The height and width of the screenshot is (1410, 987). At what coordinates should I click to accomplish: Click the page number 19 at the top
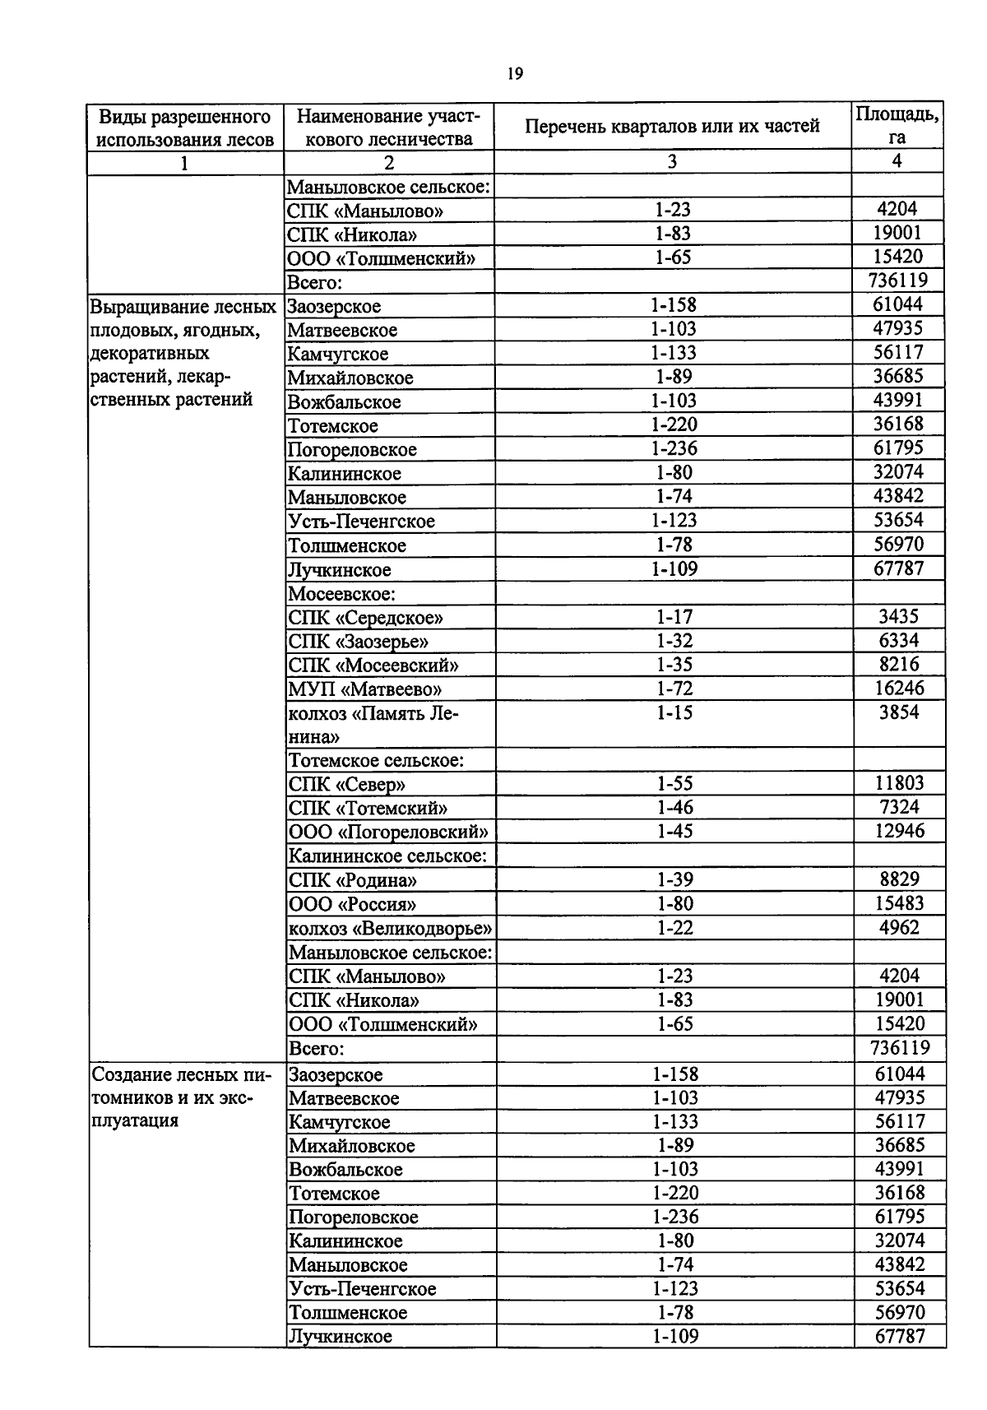[515, 74]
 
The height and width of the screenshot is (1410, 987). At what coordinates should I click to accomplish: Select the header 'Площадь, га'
[897, 126]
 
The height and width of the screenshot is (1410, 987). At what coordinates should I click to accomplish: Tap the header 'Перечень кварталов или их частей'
[672, 127]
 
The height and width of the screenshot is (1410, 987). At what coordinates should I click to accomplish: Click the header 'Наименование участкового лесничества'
[388, 127]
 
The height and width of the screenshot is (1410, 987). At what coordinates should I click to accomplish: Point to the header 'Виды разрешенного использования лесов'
[185, 127]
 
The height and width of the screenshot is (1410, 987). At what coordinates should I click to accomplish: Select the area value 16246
[899, 688]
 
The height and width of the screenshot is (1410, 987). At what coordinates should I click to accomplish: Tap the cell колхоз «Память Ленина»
[373, 725]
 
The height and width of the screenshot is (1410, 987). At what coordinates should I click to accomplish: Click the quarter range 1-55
[674, 783]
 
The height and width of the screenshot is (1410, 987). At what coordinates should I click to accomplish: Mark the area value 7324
[899, 807]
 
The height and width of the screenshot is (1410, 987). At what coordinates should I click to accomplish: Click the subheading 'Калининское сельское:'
[387, 856]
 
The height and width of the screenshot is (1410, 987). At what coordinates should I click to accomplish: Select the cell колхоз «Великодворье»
[390, 928]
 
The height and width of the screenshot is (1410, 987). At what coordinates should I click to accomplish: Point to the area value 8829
[899, 879]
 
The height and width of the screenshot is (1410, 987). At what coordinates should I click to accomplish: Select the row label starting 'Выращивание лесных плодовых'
[182, 353]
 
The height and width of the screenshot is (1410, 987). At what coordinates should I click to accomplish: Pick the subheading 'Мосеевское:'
[341, 593]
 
